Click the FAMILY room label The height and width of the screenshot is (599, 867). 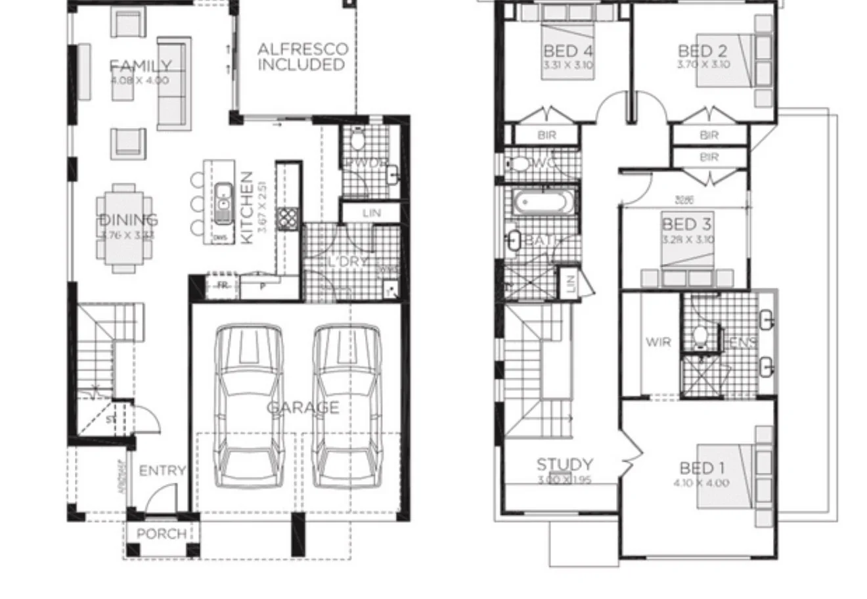coord(140,66)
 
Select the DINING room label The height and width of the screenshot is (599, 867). coord(129,220)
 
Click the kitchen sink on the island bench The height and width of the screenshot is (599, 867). coord(223,198)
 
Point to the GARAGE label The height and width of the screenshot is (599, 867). coord(303,407)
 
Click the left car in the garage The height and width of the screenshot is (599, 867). coord(249,407)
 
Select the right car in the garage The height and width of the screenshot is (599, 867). coord(347,407)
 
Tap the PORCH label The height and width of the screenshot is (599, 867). coord(161,534)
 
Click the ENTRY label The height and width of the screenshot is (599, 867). coord(162,470)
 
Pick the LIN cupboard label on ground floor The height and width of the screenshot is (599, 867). coord(371,213)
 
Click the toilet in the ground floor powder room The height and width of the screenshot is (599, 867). coord(358,140)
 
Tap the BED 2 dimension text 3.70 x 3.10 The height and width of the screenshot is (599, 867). coord(703,65)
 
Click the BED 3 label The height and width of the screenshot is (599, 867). coord(686,225)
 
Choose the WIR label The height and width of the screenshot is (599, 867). coord(657,342)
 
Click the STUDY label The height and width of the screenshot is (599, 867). coord(564,465)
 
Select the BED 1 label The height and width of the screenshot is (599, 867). coord(701,468)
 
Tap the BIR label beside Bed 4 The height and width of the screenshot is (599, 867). coord(546,135)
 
